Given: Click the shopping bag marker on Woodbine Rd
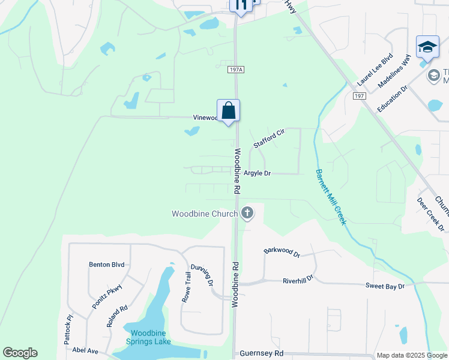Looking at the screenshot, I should pyautogui.click(x=228, y=111).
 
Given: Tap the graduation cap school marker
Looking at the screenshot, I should pyautogui.click(x=427, y=47).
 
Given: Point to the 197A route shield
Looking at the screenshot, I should pyautogui.click(x=236, y=70).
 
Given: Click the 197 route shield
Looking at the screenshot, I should pyautogui.click(x=360, y=96).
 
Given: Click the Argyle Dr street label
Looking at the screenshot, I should pyautogui.click(x=258, y=173).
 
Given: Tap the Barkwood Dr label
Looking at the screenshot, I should pyautogui.click(x=282, y=250).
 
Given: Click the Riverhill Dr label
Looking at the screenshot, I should pyautogui.click(x=298, y=280).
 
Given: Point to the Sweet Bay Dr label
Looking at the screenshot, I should pyautogui.click(x=385, y=287).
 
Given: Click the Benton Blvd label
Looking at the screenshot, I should pyautogui.click(x=106, y=264).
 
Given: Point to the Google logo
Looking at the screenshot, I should pyautogui.click(x=20, y=353).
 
